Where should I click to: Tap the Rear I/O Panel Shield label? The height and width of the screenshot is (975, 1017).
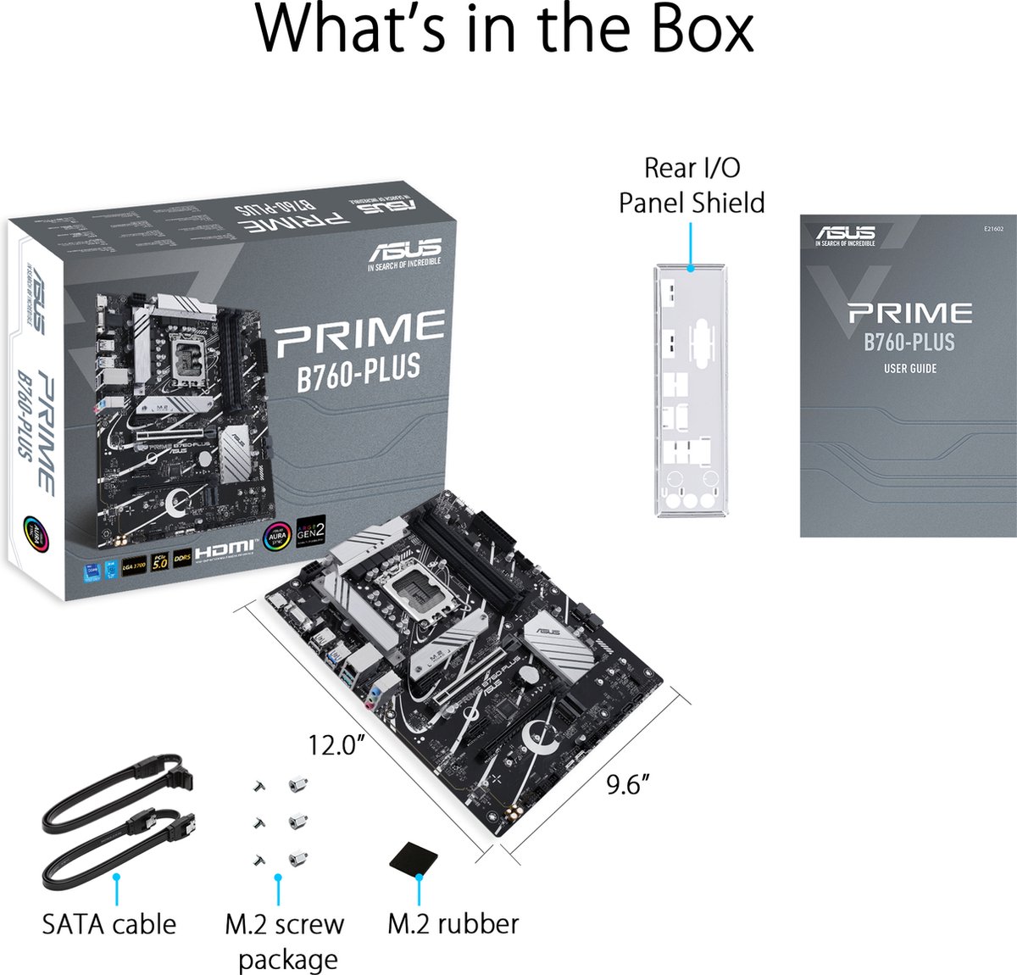(x=692, y=185)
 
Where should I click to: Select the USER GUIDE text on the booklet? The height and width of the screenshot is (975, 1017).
(x=909, y=369)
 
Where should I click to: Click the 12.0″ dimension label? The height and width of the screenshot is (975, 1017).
(x=336, y=745)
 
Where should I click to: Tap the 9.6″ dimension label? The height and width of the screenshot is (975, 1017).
(x=628, y=785)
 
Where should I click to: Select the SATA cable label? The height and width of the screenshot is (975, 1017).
(x=109, y=923)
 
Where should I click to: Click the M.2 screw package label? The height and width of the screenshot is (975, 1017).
(x=286, y=941)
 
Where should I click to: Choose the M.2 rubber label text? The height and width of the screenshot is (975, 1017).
(x=453, y=923)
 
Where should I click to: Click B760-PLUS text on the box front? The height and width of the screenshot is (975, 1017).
(x=358, y=370)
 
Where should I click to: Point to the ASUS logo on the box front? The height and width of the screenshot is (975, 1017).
(x=404, y=252)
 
